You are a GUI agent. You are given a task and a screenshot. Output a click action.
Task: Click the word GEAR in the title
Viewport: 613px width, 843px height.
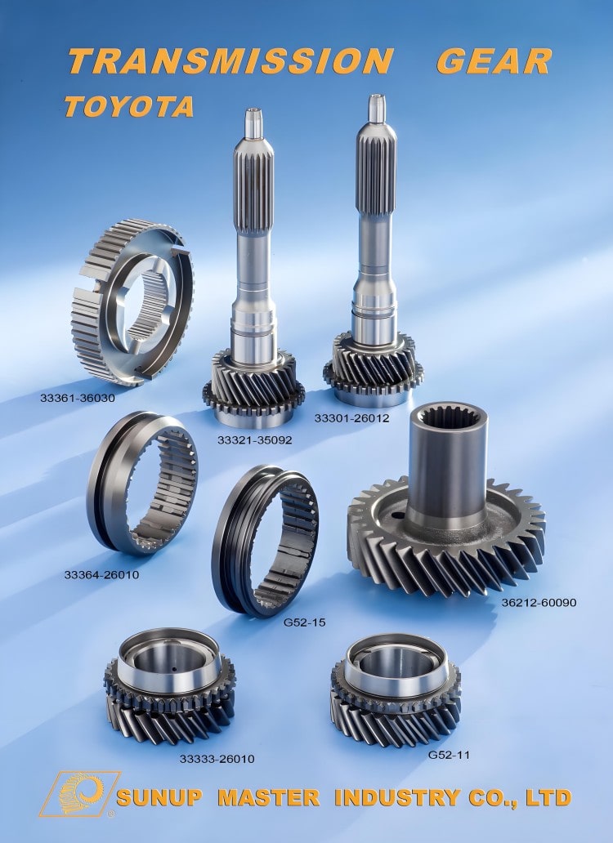tap(494, 61)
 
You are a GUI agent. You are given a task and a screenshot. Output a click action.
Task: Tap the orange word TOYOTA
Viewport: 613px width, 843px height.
tap(128, 106)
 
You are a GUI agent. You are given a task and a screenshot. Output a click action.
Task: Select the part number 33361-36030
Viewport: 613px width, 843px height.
tap(78, 399)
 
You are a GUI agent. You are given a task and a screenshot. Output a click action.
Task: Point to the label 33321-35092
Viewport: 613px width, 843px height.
tap(255, 439)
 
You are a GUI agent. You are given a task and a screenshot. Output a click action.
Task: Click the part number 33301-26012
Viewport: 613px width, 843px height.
tap(352, 418)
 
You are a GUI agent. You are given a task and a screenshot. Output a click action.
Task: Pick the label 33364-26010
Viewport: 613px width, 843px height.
tap(102, 574)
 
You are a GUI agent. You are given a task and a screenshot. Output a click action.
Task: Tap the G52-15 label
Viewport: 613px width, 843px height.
tap(304, 622)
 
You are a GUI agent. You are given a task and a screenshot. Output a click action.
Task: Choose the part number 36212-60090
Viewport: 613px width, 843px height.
tap(539, 603)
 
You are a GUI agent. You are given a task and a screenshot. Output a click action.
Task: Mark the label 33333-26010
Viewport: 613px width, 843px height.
tap(217, 759)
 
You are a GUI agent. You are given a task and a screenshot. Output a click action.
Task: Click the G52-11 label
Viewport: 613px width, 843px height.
tap(448, 755)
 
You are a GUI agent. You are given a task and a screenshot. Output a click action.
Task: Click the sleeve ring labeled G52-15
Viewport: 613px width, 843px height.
tap(266, 540)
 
